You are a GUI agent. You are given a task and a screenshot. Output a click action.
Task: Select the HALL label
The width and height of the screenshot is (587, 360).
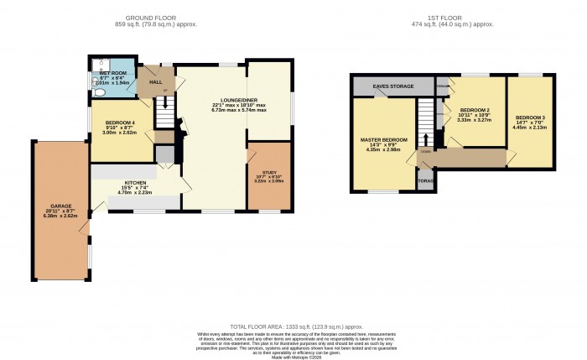pyautogui.click(x=156, y=83)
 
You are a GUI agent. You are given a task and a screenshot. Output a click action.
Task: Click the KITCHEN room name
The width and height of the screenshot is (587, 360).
pyautogui.click(x=136, y=181)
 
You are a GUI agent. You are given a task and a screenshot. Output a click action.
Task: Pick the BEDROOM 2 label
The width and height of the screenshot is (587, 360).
pyautogui.click(x=474, y=110)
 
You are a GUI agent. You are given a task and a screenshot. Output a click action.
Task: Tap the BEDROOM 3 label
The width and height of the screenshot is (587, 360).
pyautogui.click(x=530, y=117)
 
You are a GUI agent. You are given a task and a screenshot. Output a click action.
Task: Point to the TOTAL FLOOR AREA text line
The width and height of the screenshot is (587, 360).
pyautogui.click(x=296, y=326)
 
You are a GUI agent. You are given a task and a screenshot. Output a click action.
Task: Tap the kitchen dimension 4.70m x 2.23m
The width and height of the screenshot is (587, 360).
pyautogui.click(x=136, y=192)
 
